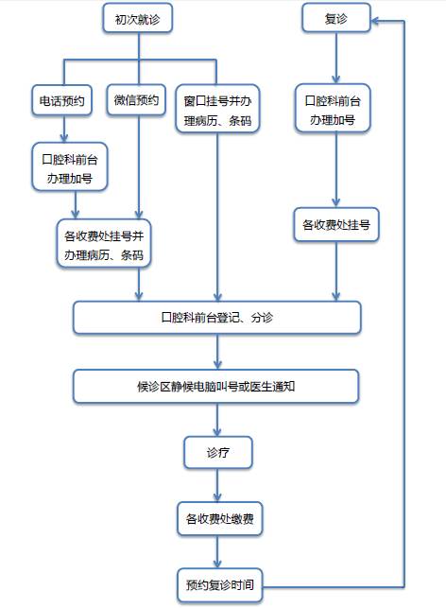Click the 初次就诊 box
point(137,17)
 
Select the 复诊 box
point(334,17)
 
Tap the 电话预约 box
point(62,101)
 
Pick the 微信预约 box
point(137,101)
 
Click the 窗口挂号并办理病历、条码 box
point(218,111)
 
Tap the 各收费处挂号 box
point(334,225)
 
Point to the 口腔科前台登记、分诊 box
point(217,318)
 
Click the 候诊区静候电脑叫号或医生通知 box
point(217,386)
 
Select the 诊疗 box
point(217,453)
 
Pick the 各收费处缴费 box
point(218,518)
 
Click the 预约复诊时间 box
point(217,583)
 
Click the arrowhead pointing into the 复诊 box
point(376,18)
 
